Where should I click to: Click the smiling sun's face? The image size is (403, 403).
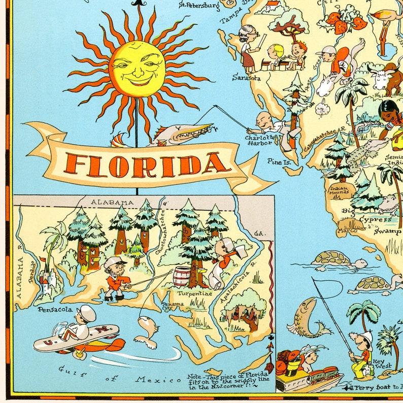click(137, 69)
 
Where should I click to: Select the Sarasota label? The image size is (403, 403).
click(246, 78)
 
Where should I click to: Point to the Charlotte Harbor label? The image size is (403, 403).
click(261, 141)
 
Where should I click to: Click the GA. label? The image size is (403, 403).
click(260, 233)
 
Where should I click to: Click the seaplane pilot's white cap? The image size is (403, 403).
click(87, 311)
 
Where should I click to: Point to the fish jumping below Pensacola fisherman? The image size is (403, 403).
click(147, 331)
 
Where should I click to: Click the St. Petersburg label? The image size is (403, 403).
click(199, 6)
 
